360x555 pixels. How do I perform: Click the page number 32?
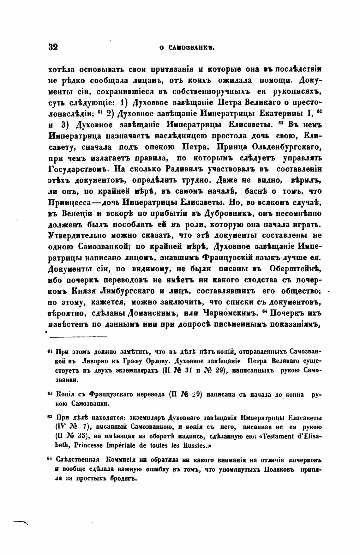(53, 47)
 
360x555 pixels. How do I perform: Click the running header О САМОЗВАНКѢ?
(187, 48)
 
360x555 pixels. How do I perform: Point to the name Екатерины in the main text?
(283, 114)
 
